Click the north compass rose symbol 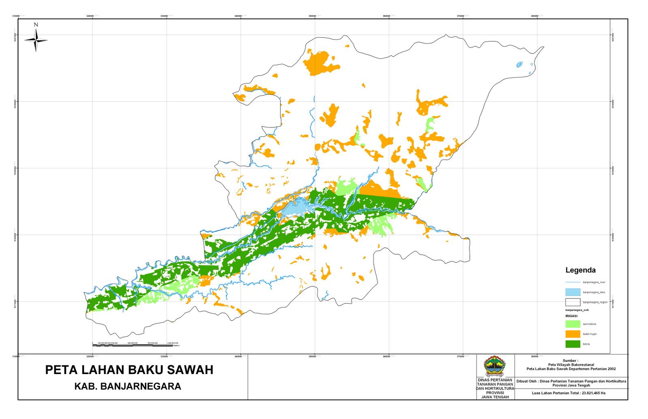click(36, 40)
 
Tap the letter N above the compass click(36, 25)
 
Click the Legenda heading click(580, 270)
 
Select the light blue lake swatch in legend click(573, 292)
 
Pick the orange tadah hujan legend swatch click(573, 334)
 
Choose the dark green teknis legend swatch click(573, 344)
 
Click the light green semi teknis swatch click(573, 324)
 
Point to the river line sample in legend click(573, 282)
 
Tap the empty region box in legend click(573, 302)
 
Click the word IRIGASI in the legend click(571, 316)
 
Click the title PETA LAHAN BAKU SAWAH click(129, 370)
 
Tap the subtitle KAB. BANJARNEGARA click(128, 387)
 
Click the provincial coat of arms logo click(495, 366)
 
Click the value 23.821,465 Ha click(593, 393)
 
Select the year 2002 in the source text click(612, 369)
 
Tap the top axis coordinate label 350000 click(312, 16)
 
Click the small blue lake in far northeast click(519, 64)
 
